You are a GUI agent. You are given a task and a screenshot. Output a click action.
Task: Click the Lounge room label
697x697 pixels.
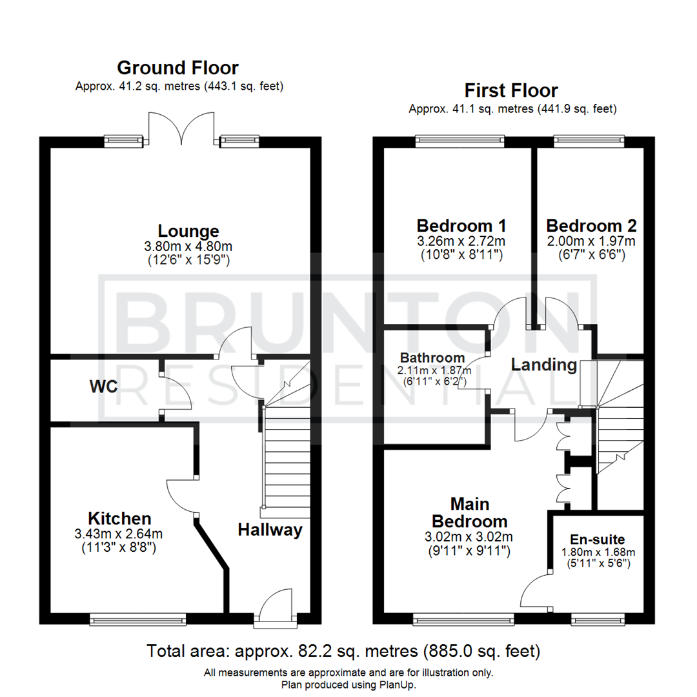(188, 230)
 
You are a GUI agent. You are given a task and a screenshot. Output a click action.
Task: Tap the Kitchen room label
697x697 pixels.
(119, 518)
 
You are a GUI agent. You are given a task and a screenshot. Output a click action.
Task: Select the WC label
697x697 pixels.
(103, 387)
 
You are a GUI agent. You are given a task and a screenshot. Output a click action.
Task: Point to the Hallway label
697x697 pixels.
(270, 530)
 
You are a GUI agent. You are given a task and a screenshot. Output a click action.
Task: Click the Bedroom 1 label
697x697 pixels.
(461, 226)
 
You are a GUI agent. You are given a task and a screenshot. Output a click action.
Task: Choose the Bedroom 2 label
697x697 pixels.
(591, 226)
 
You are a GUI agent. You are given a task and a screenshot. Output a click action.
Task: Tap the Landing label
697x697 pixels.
(544, 365)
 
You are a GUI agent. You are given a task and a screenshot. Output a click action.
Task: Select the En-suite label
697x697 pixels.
(597, 540)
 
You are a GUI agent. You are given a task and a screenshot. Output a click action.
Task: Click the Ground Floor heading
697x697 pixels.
(177, 68)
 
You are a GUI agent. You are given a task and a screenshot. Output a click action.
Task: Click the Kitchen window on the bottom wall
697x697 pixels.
(138, 620)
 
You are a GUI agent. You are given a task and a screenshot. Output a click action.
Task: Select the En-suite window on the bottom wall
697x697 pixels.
(597, 620)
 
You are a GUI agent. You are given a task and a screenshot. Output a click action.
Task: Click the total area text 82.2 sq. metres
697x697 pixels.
(343, 650)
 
